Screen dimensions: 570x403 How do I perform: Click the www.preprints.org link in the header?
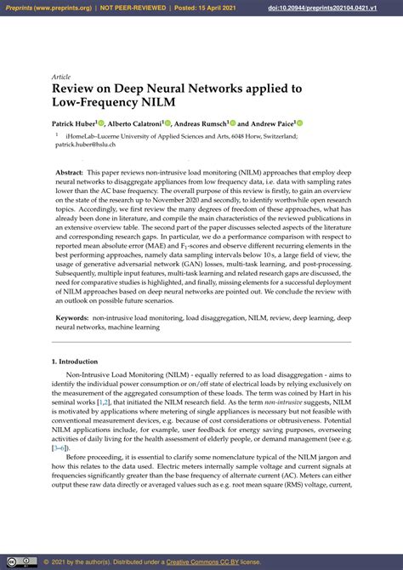pos(61,8)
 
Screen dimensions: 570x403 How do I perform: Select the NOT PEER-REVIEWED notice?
pos(138,8)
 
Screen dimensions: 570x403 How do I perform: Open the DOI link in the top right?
pos(343,8)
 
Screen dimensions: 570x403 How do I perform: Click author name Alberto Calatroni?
pos(139,123)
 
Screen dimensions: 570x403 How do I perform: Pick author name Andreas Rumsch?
pos(203,123)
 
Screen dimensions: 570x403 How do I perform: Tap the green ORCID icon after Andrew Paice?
pos(298,123)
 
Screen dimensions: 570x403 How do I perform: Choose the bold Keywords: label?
pos(76,316)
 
